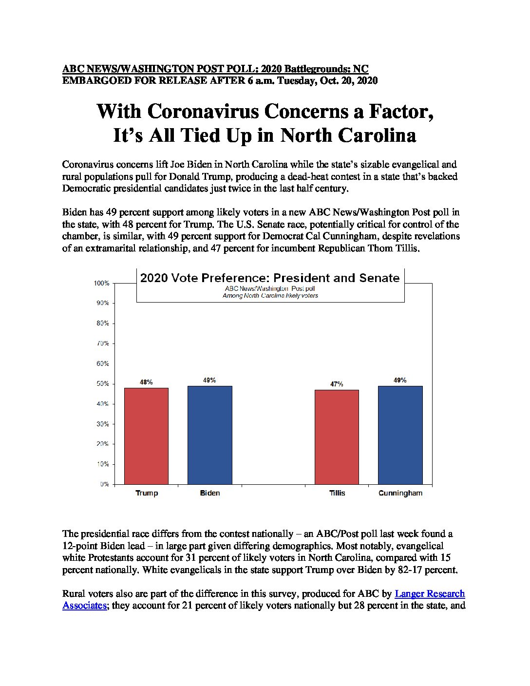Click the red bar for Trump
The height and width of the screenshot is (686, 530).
point(146,436)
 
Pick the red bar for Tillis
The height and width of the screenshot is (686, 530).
point(337,437)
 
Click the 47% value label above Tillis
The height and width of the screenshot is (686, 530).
point(337,384)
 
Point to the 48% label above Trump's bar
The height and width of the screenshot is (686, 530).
point(146,382)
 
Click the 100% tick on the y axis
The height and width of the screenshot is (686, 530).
point(102,283)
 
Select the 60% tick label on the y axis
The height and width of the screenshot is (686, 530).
point(103,363)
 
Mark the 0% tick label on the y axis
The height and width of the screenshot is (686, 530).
point(104,484)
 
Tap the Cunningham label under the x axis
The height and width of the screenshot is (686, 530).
point(400,493)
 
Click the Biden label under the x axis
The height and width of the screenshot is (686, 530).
point(210,493)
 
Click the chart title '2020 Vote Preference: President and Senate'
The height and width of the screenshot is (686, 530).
point(270,278)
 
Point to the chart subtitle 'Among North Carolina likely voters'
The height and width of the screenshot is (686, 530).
point(270,295)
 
